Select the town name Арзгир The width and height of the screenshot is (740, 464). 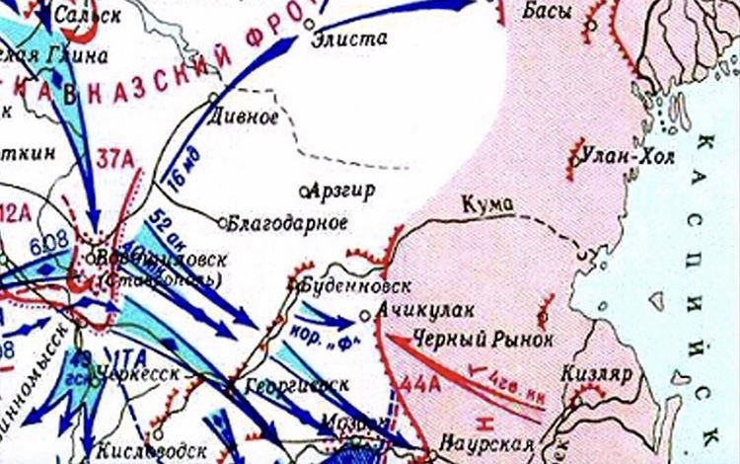(342, 190)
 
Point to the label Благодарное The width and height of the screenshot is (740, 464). (287, 223)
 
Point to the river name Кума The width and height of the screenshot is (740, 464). (487, 203)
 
